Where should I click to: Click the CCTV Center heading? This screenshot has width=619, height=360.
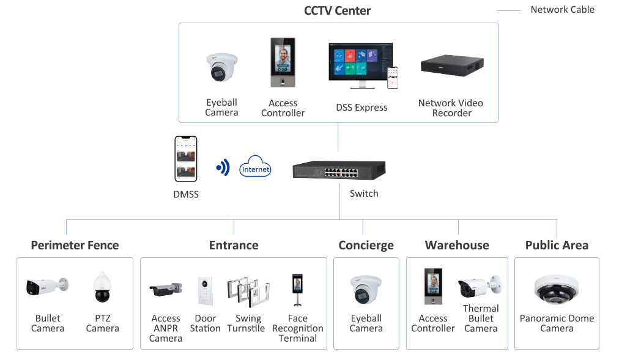click(x=337, y=10)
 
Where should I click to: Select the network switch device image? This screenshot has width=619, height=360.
click(x=338, y=170)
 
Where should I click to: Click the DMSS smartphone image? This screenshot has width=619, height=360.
click(x=186, y=158)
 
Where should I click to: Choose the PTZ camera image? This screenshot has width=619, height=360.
click(x=102, y=287)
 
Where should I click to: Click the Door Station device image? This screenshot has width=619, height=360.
click(x=205, y=291)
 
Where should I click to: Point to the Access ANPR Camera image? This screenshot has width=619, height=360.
click(x=166, y=289)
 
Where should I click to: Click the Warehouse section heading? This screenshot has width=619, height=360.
click(x=457, y=245)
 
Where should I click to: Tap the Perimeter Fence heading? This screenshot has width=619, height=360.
click(x=75, y=245)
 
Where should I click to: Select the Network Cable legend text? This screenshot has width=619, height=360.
click(x=562, y=9)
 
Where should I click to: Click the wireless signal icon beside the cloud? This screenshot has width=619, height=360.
click(x=223, y=167)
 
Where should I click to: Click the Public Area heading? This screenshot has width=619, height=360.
click(x=557, y=245)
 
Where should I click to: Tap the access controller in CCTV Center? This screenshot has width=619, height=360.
click(x=283, y=64)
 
